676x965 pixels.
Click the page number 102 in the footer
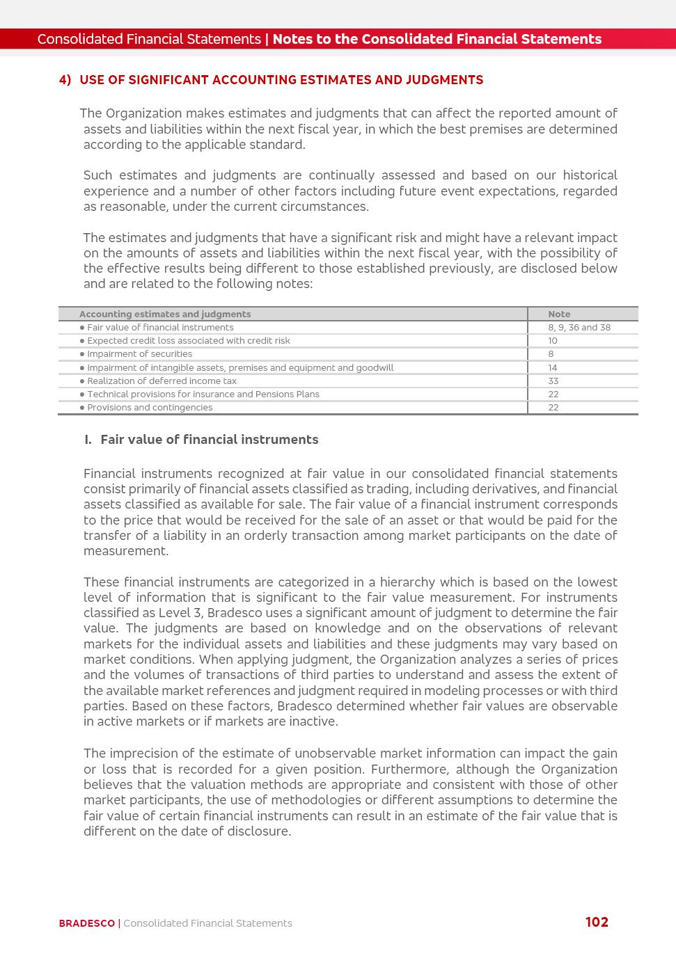pyautogui.click(x=597, y=922)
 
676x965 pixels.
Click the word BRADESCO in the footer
pyautogui.click(x=86, y=923)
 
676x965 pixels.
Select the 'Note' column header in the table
pyautogui.click(x=559, y=314)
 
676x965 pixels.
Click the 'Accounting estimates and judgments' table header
pyautogui.click(x=165, y=314)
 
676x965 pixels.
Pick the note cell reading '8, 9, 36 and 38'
pyautogui.click(x=579, y=327)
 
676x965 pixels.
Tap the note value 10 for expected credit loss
pyautogui.click(x=553, y=341)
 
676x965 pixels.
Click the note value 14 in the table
pyautogui.click(x=553, y=367)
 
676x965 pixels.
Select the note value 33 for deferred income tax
pyautogui.click(x=553, y=381)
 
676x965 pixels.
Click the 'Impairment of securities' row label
pyautogui.click(x=139, y=354)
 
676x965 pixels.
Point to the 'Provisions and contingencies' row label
pyautogui.click(x=150, y=408)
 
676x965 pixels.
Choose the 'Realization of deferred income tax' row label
pyautogui.click(x=162, y=381)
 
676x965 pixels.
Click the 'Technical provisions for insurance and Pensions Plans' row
pyautogui.click(x=203, y=394)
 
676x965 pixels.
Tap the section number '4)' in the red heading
pyautogui.click(x=65, y=80)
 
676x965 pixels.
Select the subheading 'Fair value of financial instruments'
pyautogui.click(x=209, y=440)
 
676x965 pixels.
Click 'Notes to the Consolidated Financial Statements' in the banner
pyautogui.click(x=437, y=39)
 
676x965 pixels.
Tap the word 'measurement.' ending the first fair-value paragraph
pyautogui.click(x=126, y=551)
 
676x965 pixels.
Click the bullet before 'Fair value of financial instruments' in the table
pyautogui.click(x=82, y=328)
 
